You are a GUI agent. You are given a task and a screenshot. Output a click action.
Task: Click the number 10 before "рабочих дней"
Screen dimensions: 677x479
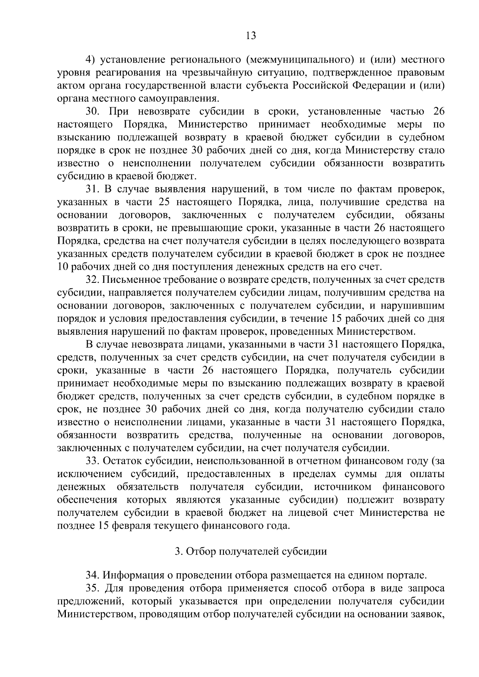(64, 267)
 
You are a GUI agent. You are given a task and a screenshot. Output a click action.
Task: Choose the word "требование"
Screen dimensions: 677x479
(183, 280)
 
